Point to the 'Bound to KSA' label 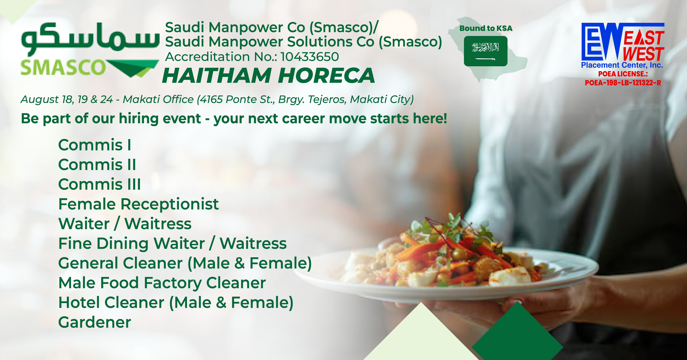pyautogui.click(x=486, y=28)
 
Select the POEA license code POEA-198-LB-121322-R pyautogui.click(x=623, y=83)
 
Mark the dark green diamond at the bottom pyautogui.click(x=517, y=332)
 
